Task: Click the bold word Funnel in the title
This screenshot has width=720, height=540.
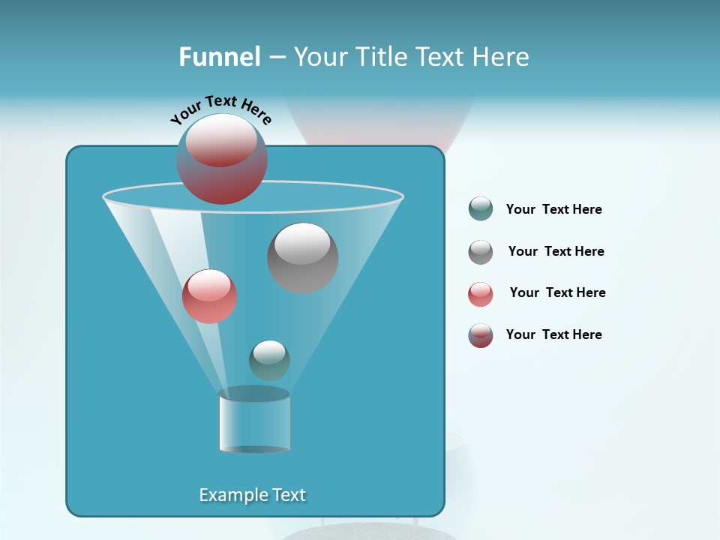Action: (x=219, y=57)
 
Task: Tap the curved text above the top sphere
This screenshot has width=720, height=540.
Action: (x=221, y=109)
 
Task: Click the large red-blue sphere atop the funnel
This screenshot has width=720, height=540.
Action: (x=222, y=159)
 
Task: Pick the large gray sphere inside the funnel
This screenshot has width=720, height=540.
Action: (x=302, y=258)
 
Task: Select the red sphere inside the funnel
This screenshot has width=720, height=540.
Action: (x=209, y=296)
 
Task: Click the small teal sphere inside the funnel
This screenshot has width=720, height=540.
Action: (x=269, y=360)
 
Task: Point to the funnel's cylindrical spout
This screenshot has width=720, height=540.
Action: (x=254, y=420)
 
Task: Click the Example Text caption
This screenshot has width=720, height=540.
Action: (x=253, y=495)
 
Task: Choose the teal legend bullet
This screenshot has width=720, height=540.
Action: (x=481, y=209)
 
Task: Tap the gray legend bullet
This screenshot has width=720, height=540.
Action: (x=481, y=251)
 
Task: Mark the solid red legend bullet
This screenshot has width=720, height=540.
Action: (x=481, y=293)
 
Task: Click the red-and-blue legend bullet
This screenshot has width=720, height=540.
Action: (x=481, y=335)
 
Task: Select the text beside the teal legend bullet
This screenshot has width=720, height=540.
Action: (x=553, y=209)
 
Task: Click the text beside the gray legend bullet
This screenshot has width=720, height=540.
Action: (x=556, y=251)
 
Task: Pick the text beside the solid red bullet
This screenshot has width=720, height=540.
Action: (x=557, y=292)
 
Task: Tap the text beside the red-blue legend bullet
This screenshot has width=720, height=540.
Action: (x=553, y=334)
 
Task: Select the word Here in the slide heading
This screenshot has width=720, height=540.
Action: (x=502, y=57)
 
